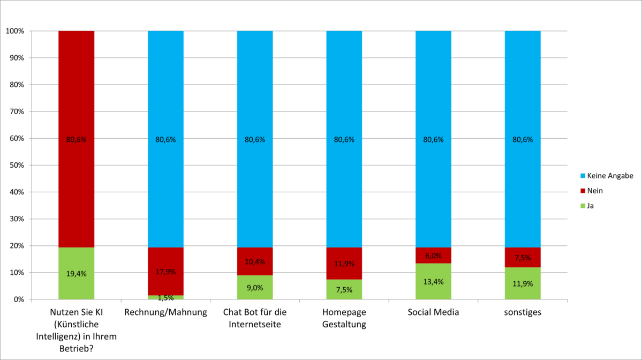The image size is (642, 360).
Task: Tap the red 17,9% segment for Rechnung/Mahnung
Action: [165, 271]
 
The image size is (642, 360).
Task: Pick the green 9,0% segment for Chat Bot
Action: [255, 288]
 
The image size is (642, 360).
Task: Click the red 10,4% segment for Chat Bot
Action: [255, 261]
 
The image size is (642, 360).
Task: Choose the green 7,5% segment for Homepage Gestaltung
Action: [344, 290]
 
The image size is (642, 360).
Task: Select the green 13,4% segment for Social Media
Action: [433, 282]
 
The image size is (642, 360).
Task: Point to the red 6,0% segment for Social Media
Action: [433, 255]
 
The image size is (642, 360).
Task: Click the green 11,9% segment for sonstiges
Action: [523, 284]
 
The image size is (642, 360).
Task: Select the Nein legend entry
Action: [594, 191]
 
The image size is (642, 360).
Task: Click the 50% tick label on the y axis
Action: [17, 165]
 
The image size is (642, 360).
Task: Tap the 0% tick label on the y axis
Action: [18, 299]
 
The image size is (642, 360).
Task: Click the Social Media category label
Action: [433, 313]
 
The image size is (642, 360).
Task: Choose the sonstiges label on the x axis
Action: [523, 313]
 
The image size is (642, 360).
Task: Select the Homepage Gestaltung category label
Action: [344, 319]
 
